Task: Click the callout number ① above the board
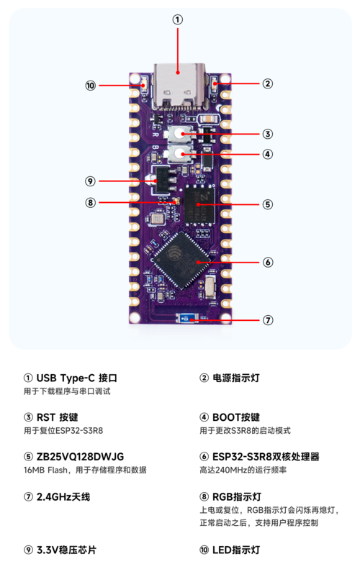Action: click(178, 19)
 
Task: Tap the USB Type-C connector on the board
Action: click(179, 86)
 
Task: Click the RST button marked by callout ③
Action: click(181, 134)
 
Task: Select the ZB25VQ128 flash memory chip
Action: click(199, 205)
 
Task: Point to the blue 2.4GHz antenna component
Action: click(187, 319)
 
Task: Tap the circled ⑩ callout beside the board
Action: click(91, 86)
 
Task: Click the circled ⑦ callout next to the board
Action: click(268, 320)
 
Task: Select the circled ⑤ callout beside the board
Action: click(268, 204)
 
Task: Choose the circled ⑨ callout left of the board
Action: click(90, 181)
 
